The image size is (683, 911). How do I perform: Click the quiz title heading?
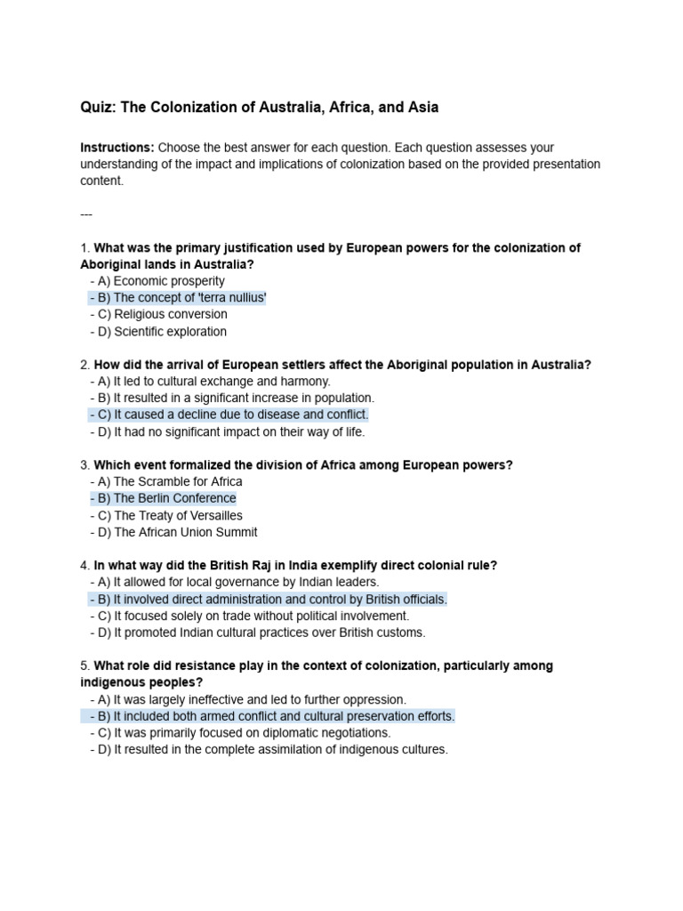coord(259,108)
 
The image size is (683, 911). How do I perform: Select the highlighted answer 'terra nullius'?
coord(177,298)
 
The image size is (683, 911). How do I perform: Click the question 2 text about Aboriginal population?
coord(341,365)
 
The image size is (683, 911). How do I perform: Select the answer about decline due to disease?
coord(229,415)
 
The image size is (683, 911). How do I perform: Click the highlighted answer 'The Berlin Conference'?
coord(163,499)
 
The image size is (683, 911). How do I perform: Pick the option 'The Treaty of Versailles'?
coord(165,516)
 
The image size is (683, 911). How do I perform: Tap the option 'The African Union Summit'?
coord(173,533)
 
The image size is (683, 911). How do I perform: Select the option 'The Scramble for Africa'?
coord(165,482)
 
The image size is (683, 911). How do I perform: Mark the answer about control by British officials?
coord(268,600)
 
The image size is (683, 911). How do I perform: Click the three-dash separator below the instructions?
coord(86,214)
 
